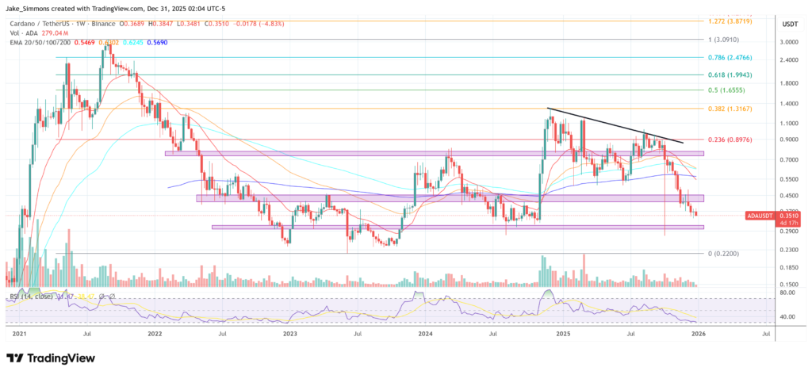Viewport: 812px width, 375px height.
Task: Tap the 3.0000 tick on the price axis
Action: click(x=789, y=41)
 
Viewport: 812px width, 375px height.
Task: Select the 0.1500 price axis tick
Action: click(x=789, y=284)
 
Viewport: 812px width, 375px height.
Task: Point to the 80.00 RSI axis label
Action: click(x=787, y=293)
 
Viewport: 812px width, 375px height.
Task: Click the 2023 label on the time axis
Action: click(x=289, y=335)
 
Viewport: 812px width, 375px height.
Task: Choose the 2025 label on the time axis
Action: click(x=563, y=335)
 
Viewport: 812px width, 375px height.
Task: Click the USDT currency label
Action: click(x=788, y=25)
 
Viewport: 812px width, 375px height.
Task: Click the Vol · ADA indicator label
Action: click(x=28, y=35)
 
